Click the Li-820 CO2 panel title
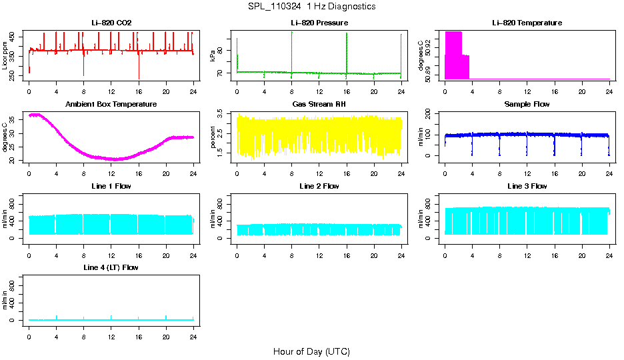point(111,23)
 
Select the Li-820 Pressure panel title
point(319,23)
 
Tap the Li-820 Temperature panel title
point(527,23)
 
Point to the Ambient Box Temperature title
point(111,105)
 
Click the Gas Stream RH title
point(319,105)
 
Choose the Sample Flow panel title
point(527,105)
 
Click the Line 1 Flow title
point(111,186)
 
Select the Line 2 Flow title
point(319,186)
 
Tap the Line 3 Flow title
point(527,186)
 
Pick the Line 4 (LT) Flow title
point(111,267)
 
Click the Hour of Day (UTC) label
point(311,351)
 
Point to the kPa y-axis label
point(213,56)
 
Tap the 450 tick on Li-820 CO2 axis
point(16,36)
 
